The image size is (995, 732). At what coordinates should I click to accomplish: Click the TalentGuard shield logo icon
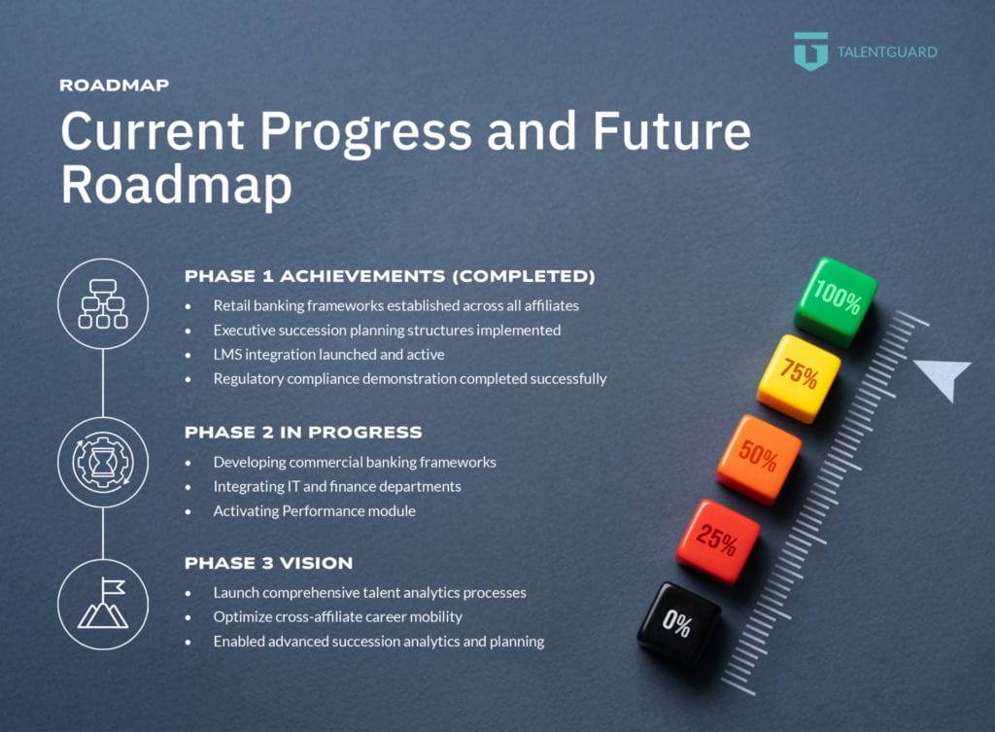coord(810,51)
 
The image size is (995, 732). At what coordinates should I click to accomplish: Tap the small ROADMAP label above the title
coord(115,86)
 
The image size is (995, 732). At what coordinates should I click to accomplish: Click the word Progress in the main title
coord(366,131)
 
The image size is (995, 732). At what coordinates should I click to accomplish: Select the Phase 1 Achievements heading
coord(390,277)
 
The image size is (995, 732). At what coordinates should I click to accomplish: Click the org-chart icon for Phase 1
coord(103,303)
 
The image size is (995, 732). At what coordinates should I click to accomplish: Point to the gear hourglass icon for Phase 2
coord(103,462)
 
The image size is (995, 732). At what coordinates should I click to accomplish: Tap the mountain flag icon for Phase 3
coord(103,604)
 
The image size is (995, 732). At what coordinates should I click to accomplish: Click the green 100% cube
coord(836,301)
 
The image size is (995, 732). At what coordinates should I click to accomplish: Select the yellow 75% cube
coord(799,378)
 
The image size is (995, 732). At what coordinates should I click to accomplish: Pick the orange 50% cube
coord(759,459)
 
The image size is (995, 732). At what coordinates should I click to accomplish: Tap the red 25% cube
coord(718,541)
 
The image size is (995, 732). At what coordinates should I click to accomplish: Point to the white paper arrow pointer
coord(944,376)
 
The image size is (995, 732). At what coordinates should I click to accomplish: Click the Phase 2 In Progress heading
coord(303,433)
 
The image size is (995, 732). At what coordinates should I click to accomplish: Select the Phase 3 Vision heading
coord(268,564)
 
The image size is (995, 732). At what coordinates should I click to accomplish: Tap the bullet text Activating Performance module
coord(314,511)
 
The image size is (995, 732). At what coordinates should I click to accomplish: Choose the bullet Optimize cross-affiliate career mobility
coord(337,617)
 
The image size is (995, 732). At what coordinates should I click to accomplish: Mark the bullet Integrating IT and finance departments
coord(337,487)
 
